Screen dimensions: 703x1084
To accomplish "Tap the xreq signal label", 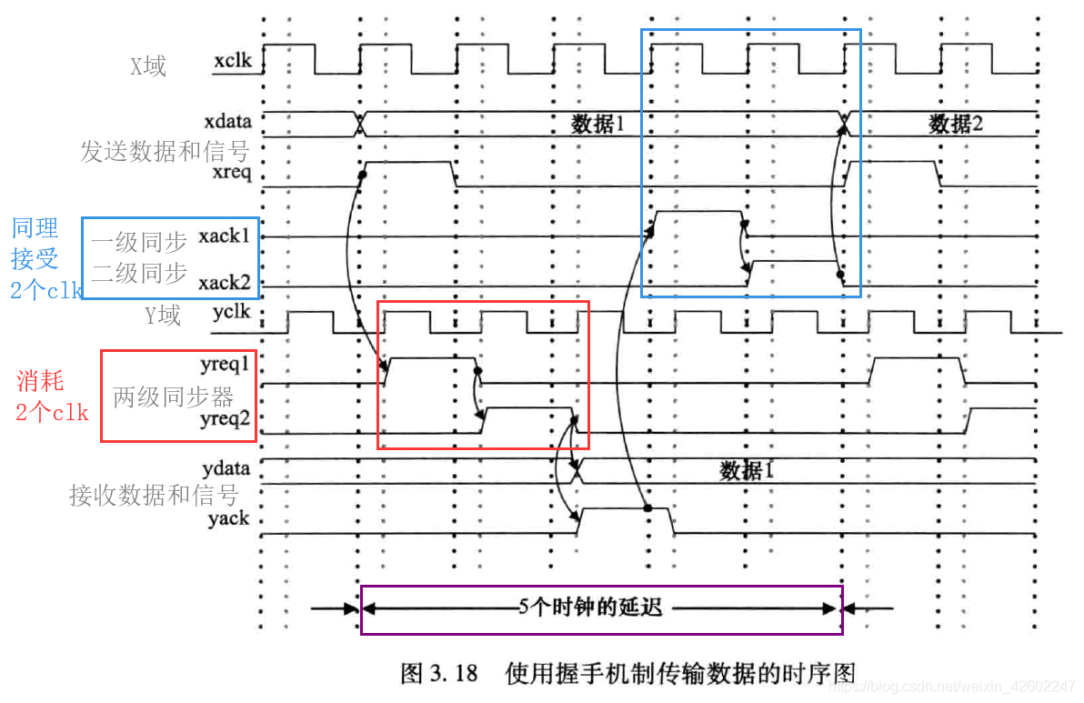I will pyautogui.click(x=231, y=173).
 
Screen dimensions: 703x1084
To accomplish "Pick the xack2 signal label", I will pyautogui.click(x=225, y=284).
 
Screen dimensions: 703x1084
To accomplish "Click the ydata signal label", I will pyautogui.click(x=227, y=469).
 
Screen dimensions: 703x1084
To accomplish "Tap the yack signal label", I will pyautogui.click(x=228, y=519).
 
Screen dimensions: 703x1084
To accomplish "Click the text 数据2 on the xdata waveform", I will pyautogui.click(x=956, y=124).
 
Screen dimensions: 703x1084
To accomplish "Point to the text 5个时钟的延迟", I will pyautogui.click(x=591, y=608).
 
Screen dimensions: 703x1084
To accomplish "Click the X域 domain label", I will pyautogui.click(x=148, y=65).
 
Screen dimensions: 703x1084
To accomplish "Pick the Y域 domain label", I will pyautogui.click(x=163, y=316).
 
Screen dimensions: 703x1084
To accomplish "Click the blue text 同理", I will pyautogui.click(x=35, y=227).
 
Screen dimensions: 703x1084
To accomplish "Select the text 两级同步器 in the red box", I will pyautogui.click(x=174, y=397).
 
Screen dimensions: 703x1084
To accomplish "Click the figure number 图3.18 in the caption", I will pyautogui.click(x=439, y=673).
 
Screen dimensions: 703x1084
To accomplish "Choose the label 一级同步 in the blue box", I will pyautogui.click(x=139, y=241).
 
